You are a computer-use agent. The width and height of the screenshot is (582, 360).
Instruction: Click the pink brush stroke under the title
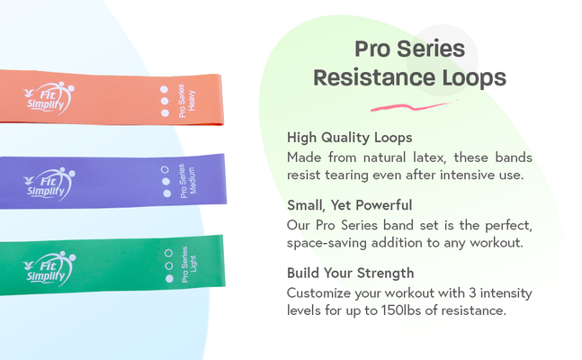(x=410, y=107)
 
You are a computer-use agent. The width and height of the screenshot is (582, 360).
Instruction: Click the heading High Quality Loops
(x=349, y=138)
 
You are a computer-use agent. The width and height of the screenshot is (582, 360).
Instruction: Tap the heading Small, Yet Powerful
(x=351, y=205)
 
